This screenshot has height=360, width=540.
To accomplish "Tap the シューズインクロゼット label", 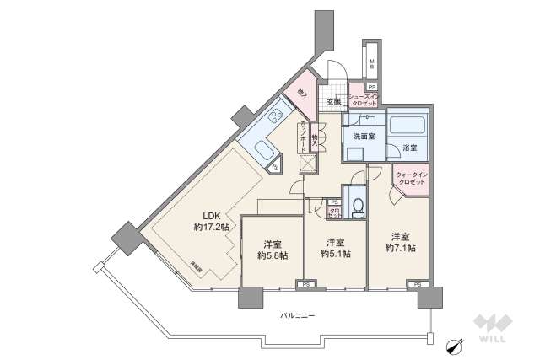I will click(x=366, y=102).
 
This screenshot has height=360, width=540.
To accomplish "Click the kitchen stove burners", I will click(x=275, y=117).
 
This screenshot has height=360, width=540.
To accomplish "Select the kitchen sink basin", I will click(x=262, y=152).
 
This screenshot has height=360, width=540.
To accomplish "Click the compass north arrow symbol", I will click(x=454, y=343).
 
